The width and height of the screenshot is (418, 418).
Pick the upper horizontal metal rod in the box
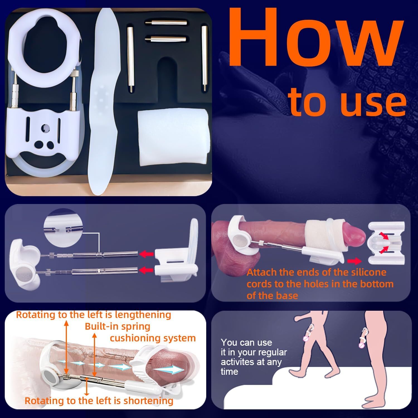click(x=166, y=22)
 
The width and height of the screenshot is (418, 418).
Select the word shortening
click(x=148, y=401)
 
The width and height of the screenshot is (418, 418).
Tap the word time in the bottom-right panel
click(x=229, y=371)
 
